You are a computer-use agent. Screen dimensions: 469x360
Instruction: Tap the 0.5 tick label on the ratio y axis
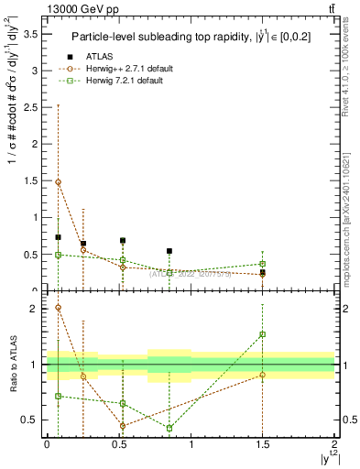(x=34, y=420)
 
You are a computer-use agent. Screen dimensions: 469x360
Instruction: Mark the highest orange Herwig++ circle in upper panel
(x=58, y=181)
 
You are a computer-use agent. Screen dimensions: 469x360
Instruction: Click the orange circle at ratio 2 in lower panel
(x=58, y=308)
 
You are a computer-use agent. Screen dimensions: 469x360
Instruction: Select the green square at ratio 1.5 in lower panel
(x=263, y=334)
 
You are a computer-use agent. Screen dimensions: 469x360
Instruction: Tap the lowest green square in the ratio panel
(x=169, y=428)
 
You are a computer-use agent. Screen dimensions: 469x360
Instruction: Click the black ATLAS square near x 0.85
(x=169, y=251)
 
